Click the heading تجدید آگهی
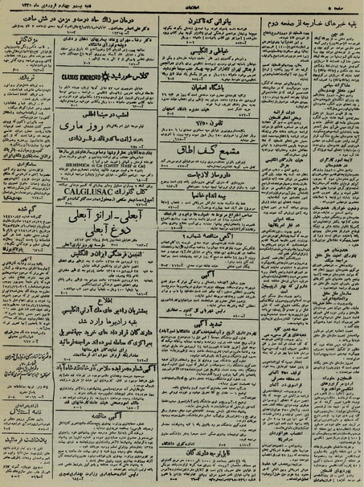click(205, 322)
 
